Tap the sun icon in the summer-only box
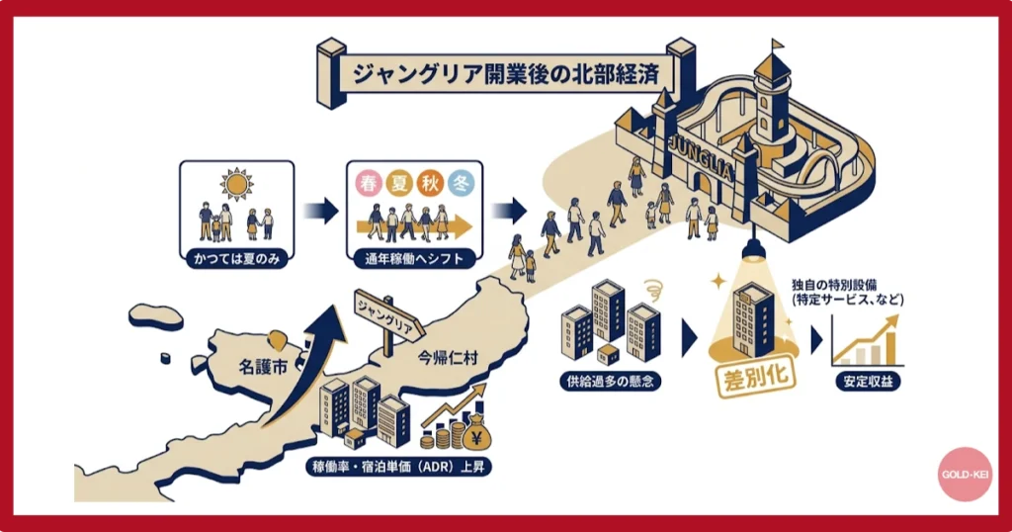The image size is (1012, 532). pos(237,184)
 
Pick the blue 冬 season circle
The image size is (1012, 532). pos(461,184)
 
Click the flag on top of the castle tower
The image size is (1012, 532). pos(778,44)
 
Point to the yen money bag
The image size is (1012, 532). pos(475,431)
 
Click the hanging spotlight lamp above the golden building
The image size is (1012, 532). pos(755,250)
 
